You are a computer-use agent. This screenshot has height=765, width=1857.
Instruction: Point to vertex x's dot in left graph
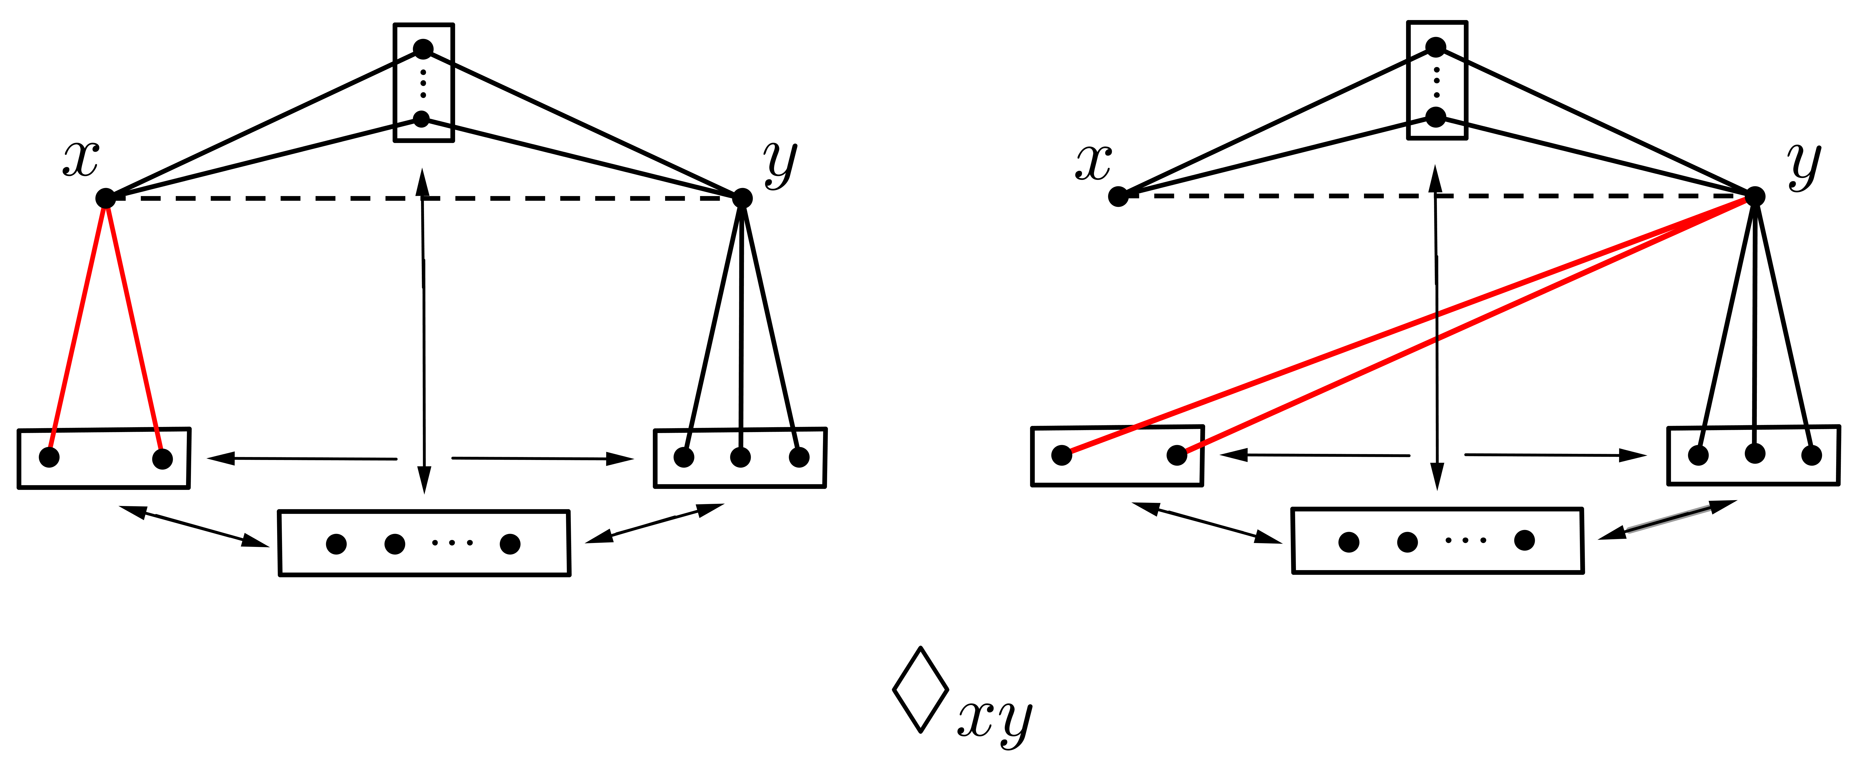pos(105,198)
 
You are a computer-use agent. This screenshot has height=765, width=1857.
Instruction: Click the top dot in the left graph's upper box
pos(423,49)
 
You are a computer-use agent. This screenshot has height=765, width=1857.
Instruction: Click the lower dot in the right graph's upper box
pos(1436,117)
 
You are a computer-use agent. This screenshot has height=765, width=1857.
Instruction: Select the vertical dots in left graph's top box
pos(423,84)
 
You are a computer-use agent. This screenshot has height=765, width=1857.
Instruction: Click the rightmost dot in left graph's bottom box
pos(510,544)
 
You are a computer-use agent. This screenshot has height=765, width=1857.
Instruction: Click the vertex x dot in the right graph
pos(1118,196)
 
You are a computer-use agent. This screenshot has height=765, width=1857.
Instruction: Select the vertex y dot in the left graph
pos(742,198)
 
